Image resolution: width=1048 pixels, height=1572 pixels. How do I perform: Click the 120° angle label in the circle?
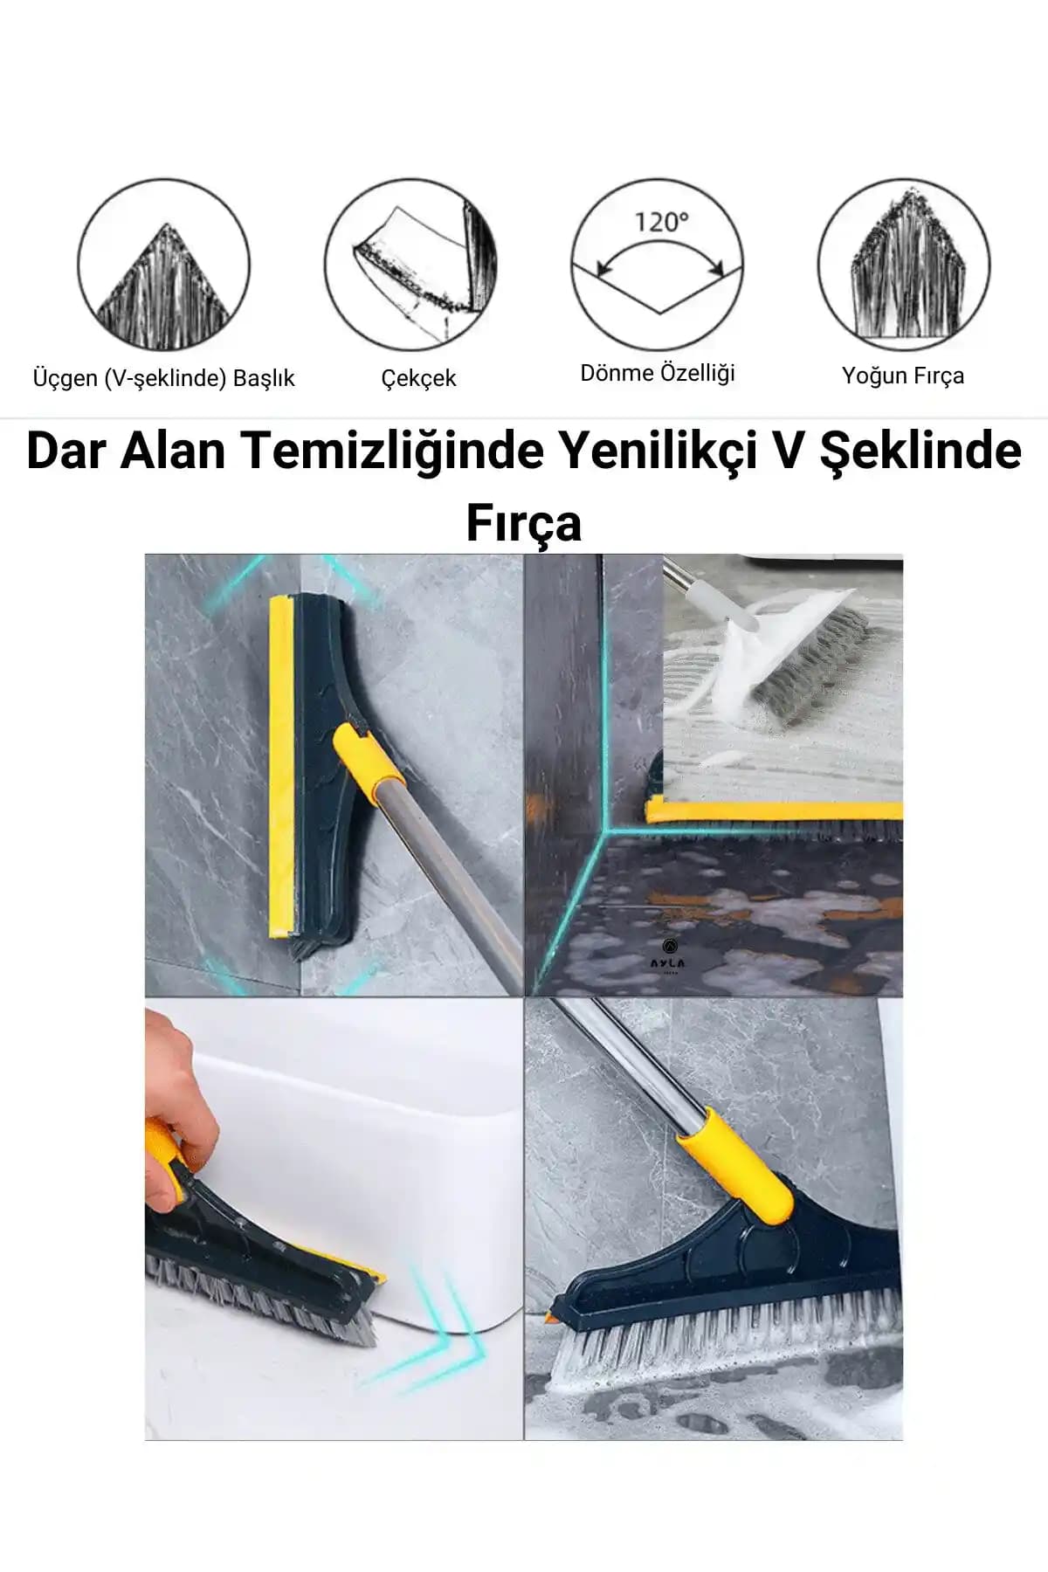tap(661, 222)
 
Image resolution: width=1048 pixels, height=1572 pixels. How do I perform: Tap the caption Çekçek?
tap(418, 378)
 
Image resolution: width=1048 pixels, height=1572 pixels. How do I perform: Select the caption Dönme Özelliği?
tap(658, 373)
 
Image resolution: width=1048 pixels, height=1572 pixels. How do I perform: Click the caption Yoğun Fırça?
tap(903, 376)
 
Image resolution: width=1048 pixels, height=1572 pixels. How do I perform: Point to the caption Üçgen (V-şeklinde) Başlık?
tap(164, 378)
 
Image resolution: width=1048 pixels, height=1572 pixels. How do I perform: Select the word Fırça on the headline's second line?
tap(524, 522)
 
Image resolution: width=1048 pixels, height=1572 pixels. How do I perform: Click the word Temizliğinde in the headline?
tap(394, 451)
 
